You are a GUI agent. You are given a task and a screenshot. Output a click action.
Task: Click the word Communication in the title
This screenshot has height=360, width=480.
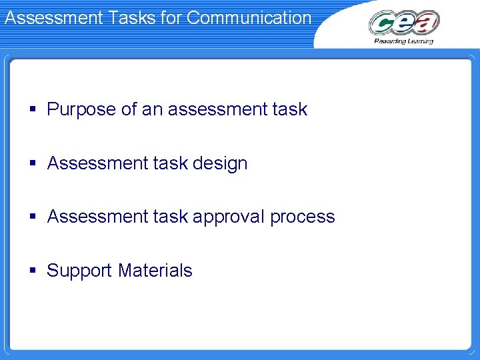249,17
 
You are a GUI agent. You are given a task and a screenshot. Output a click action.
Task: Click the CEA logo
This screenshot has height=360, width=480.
404,24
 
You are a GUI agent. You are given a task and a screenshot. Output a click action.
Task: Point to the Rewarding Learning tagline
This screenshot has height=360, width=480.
403,41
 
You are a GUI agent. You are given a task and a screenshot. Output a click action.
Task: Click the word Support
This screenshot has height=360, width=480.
80,271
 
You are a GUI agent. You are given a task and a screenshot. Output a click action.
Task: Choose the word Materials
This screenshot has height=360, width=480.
155,270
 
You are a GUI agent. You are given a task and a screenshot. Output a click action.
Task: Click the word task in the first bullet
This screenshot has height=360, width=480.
290,109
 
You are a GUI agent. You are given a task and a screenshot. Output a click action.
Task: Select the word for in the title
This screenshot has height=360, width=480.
171,17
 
